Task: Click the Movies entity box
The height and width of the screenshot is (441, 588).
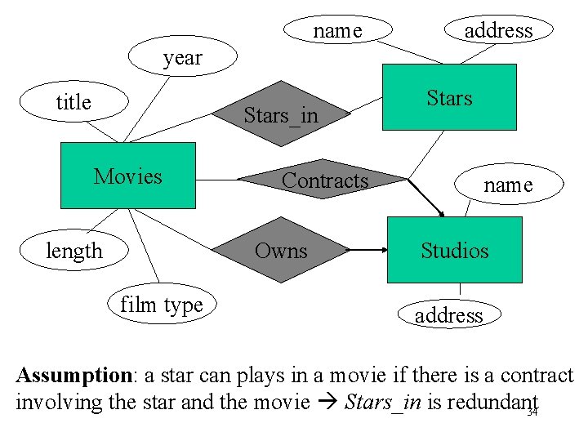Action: click(129, 176)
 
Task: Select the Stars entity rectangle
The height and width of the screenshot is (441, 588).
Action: click(450, 97)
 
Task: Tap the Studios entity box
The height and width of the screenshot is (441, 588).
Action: click(454, 250)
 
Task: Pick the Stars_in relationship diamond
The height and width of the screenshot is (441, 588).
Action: click(281, 114)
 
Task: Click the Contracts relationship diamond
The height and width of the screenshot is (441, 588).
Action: click(324, 180)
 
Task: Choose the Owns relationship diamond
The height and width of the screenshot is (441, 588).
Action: click(281, 250)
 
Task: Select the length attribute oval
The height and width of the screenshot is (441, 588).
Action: click(74, 251)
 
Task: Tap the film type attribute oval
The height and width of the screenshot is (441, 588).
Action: click(162, 305)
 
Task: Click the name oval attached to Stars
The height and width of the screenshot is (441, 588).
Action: click(337, 30)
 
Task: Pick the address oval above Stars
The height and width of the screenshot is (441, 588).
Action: click(498, 30)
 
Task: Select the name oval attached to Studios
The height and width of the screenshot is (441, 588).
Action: click(508, 185)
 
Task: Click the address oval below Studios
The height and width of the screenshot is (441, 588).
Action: click(449, 314)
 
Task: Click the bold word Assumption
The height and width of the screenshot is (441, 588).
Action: click(73, 376)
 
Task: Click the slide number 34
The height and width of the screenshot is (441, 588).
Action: click(532, 412)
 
